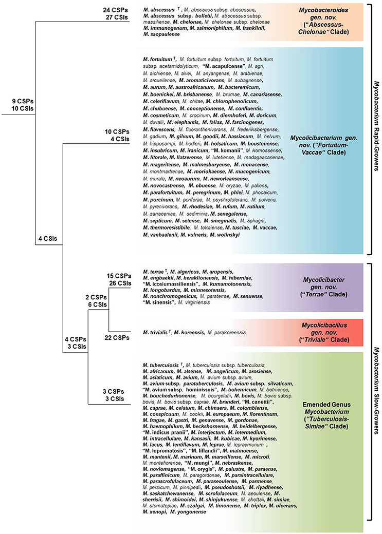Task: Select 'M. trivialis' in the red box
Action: pyautogui.click(x=157, y=332)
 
